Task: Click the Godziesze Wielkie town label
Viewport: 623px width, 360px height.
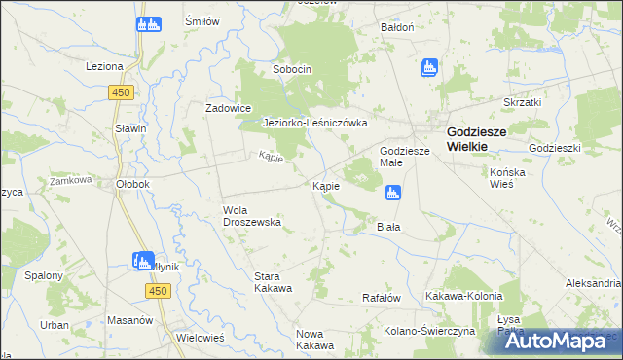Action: (468, 138)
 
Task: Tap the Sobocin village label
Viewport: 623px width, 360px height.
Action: (291, 70)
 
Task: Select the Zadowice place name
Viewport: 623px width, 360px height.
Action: (229, 108)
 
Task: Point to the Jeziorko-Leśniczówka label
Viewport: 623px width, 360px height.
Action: (315, 124)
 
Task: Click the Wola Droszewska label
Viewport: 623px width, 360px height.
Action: (252, 215)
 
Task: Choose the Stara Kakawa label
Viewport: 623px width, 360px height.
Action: (273, 282)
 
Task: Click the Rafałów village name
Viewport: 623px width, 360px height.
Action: (382, 298)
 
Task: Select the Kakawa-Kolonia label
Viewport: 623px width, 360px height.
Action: (463, 296)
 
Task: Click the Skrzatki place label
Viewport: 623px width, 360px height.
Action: (522, 101)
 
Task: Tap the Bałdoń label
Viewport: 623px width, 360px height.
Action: (398, 27)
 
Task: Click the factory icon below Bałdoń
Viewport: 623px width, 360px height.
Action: (428, 68)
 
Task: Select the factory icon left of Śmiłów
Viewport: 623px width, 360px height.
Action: (149, 24)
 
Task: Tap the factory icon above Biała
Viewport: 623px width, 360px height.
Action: (392, 194)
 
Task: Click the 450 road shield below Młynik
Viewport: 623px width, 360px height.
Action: (160, 291)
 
